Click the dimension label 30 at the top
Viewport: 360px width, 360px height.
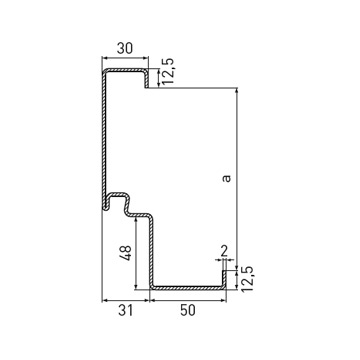[x=125, y=49]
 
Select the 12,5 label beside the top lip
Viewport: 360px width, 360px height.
[x=168, y=71]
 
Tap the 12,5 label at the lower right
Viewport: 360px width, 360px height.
[x=247, y=279]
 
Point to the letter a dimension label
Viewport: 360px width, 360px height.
[x=226, y=178]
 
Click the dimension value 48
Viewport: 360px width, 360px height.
[x=126, y=253]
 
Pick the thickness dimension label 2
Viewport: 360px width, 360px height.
[x=224, y=250]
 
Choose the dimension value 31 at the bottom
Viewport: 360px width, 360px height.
[x=125, y=311]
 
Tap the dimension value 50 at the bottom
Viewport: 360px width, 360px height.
[x=187, y=311]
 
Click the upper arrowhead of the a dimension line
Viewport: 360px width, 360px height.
[x=237, y=91]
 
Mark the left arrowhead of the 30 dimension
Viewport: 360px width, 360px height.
[x=105, y=58]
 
